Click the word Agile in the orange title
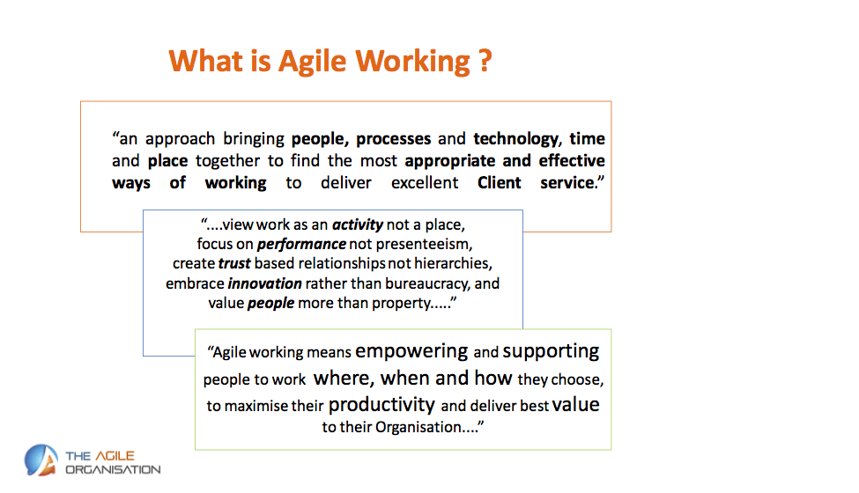point(312,62)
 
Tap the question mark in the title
point(485,61)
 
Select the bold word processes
point(393,139)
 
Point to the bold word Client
point(499,182)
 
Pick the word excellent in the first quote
point(425,182)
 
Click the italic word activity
point(358,224)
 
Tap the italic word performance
point(301,244)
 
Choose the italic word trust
point(234,263)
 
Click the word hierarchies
point(453,263)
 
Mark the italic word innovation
point(264,283)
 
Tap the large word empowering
point(411,351)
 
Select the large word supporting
point(551,351)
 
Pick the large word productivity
point(381,406)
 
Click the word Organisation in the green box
point(418,427)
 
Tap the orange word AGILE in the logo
point(115,456)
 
